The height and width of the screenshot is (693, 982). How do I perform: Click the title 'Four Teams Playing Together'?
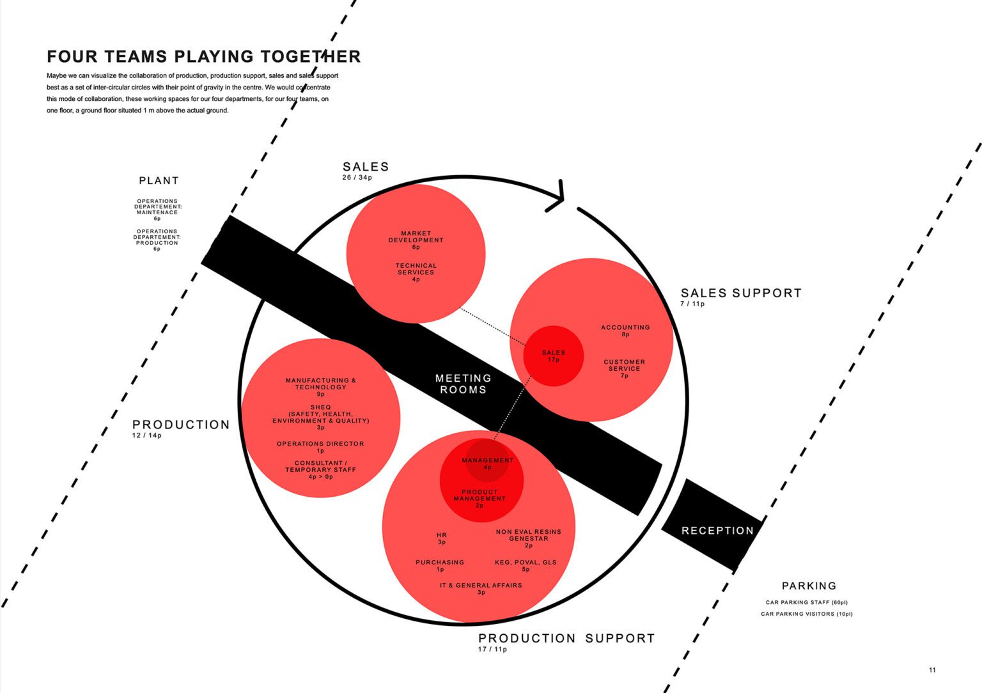pos(203,57)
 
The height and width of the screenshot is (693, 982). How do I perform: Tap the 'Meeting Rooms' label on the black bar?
pos(464,384)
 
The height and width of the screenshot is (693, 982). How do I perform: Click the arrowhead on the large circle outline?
pos(558,195)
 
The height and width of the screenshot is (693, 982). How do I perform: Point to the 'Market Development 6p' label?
pos(416,240)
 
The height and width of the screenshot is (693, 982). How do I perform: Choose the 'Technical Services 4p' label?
pos(416,272)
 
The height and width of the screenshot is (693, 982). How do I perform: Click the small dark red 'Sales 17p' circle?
pos(553,355)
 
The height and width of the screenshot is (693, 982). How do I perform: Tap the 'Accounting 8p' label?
pos(625,331)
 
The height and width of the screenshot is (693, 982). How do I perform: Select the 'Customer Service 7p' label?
pos(624,368)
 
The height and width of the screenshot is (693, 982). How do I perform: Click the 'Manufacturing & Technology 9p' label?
pos(321,387)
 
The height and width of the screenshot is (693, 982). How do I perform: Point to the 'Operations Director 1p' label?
pos(320,447)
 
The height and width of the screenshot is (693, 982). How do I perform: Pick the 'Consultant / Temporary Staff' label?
pos(320,469)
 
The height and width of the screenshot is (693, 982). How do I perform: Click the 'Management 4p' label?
pos(487,463)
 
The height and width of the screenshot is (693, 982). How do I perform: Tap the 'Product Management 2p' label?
pos(479,498)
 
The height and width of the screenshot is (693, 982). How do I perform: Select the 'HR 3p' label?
pos(442,538)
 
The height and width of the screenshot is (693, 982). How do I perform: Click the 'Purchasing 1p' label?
pos(440,566)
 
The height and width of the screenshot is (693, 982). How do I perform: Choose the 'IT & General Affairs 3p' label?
pos(481,588)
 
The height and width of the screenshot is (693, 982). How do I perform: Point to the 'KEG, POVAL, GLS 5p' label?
pos(526,566)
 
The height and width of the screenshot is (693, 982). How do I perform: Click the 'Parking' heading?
pos(809,586)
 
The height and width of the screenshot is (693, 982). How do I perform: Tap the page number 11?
pos(932,670)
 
